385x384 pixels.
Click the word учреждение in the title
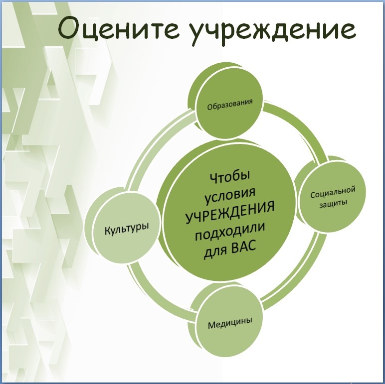tap(273, 31)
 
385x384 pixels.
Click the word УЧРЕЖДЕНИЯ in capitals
tap(229, 213)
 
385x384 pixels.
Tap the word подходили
tap(230, 232)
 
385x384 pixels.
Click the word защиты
tap(333, 204)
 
